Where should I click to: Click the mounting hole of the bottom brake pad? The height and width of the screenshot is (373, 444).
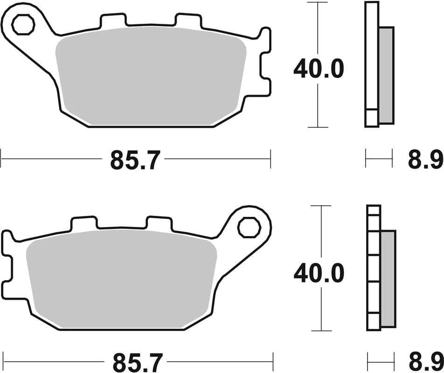[x=248, y=228]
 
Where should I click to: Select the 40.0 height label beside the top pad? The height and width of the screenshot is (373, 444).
[x=319, y=69]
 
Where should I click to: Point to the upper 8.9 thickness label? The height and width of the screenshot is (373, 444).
[x=425, y=161]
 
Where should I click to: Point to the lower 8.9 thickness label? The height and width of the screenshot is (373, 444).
[x=425, y=362]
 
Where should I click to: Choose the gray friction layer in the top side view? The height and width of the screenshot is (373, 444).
[x=386, y=75]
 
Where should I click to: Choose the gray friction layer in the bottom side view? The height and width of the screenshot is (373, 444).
[x=388, y=278]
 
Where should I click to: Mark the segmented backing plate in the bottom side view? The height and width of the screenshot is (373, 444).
[x=374, y=268]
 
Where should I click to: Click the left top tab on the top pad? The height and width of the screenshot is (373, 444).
[x=113, y=20]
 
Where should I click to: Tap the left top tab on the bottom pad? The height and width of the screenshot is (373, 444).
[x=84, y=223]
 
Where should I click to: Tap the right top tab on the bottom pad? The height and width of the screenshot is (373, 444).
[x=159, y=223]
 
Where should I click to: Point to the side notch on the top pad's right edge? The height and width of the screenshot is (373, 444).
[x=264, y=72]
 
